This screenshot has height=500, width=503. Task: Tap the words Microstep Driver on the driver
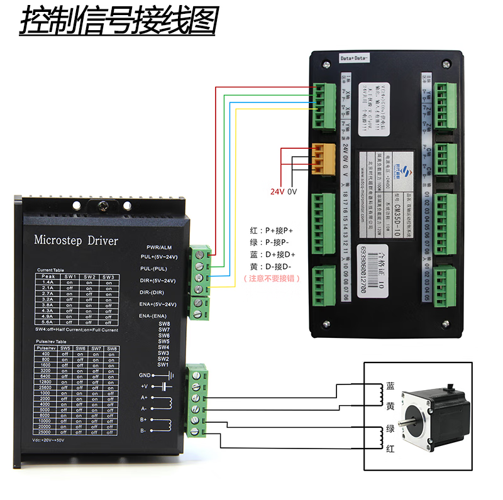75,241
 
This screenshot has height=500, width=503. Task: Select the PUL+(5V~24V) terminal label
158,257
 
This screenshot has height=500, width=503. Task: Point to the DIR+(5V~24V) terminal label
158,280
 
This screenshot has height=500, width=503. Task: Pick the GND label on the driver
145,375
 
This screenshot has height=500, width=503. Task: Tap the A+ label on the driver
143,397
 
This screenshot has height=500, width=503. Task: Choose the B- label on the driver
143,431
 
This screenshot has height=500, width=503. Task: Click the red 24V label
277,191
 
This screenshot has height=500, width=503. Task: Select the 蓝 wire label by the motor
390,386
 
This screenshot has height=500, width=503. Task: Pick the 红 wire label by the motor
390,448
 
